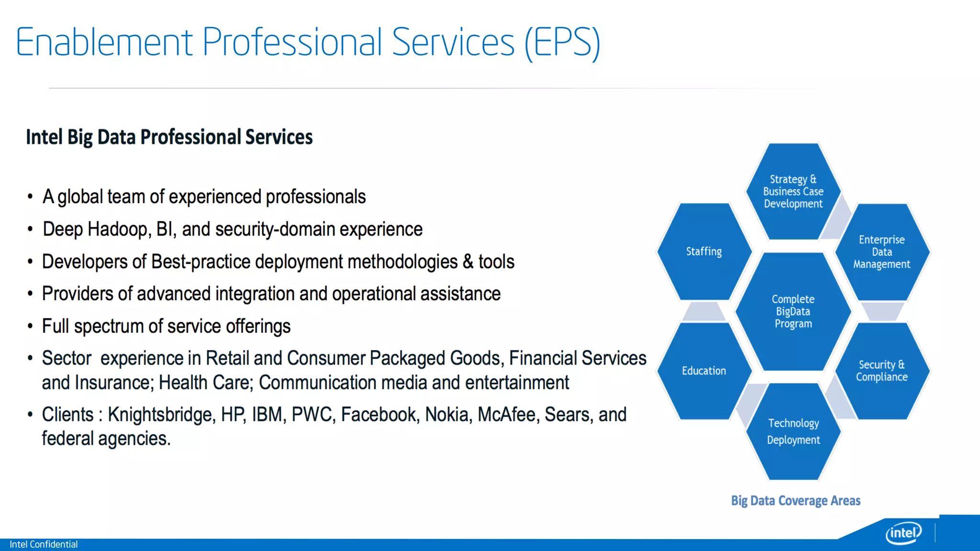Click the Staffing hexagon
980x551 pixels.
(703, 252)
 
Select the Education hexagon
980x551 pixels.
(703, 371)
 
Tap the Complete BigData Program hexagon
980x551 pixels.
(793, 311)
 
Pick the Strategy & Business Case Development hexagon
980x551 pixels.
(793, 191)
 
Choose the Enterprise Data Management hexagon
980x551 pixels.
(881, 252)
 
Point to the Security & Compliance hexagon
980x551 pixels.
(881, 371)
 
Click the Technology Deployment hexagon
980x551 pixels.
(793, 431)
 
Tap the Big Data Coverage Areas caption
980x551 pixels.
(795, 501)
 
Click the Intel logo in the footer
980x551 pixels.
(903, 532)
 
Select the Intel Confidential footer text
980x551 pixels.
(44, 544)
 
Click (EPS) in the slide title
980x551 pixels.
(562, 43)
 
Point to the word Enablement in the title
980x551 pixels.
(104, 43)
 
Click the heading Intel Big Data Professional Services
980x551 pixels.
(169, 137)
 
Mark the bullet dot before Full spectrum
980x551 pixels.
(30, 327)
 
